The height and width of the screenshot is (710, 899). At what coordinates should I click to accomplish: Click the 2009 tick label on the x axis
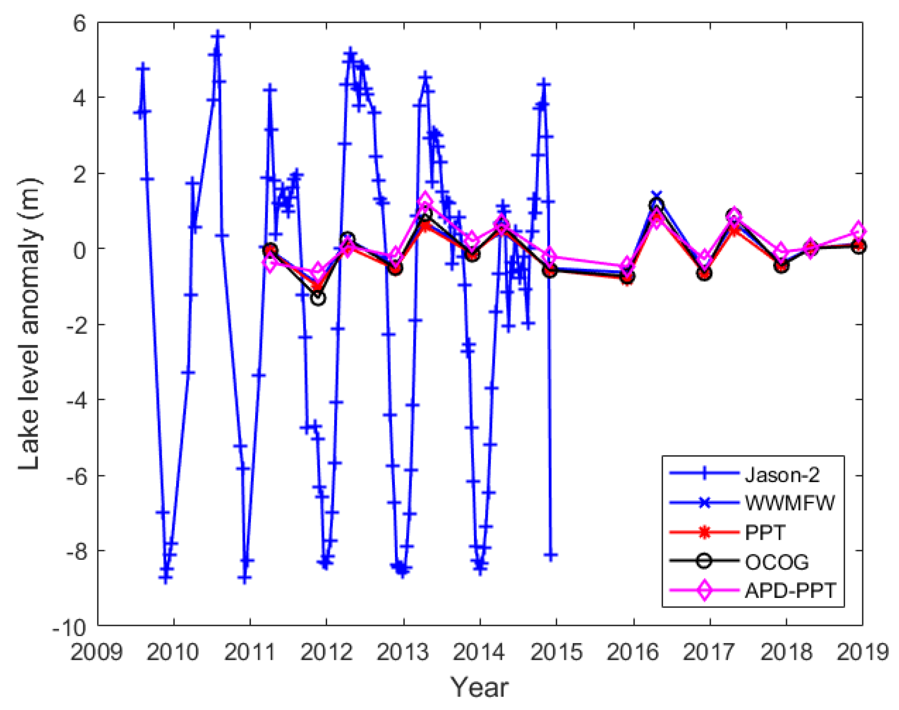pyautogui.click(x=97, y=652)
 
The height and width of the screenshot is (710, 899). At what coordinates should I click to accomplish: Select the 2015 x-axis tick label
pyautogui.click(x=556, y=652)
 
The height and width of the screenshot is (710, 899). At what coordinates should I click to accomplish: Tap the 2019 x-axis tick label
pyautogui.click(x=862, y=652)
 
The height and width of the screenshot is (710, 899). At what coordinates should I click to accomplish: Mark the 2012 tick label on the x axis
pyautogui.click(x=326, y=652)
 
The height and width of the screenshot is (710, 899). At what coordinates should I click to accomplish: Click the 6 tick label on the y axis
pyautogui.click(x=79, y=23)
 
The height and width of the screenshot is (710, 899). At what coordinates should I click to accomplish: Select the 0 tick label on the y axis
pyautogui.click(x=79, y=250)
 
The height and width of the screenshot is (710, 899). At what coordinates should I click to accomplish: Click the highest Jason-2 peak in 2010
pyautogui.click(x=217, y=36)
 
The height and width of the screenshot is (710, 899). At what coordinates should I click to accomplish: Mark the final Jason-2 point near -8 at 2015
pyautogui.click(x=551, y=556)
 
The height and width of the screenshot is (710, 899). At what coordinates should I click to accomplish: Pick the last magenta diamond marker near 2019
pyautogui.click(x=858, y=230)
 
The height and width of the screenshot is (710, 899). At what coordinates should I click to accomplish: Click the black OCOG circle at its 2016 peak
pyautogui.click(x=656, y=205)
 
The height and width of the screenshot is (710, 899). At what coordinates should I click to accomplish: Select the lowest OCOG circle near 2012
pyautogui.click(x=318, y=298)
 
